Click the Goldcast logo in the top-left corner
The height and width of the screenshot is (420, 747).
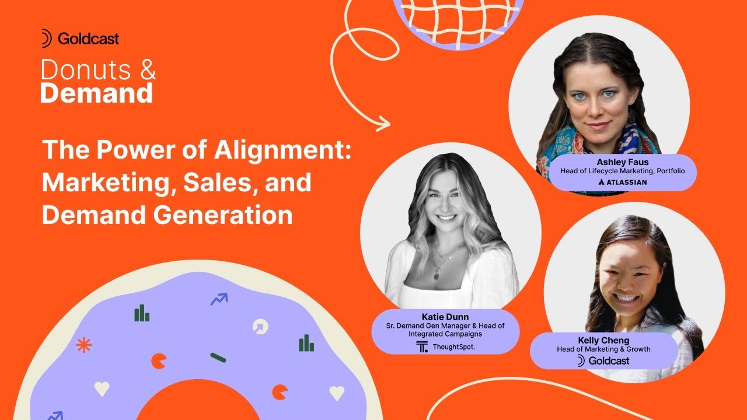click(80, 39)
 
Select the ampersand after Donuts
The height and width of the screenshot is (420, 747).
click(148, 71)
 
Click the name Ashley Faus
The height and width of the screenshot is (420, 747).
click(623, 162)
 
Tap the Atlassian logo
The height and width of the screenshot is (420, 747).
click(623, 182)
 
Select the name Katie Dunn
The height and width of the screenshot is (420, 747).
click(445, 317)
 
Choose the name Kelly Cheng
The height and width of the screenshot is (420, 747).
click(604, 339)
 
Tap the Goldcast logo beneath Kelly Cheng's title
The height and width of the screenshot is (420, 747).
click(603, 361)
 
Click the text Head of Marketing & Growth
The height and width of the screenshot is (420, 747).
click(604, 349)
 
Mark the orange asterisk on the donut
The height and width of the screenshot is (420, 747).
click(84, 345)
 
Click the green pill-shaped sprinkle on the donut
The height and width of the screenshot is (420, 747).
click(218, 357)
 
